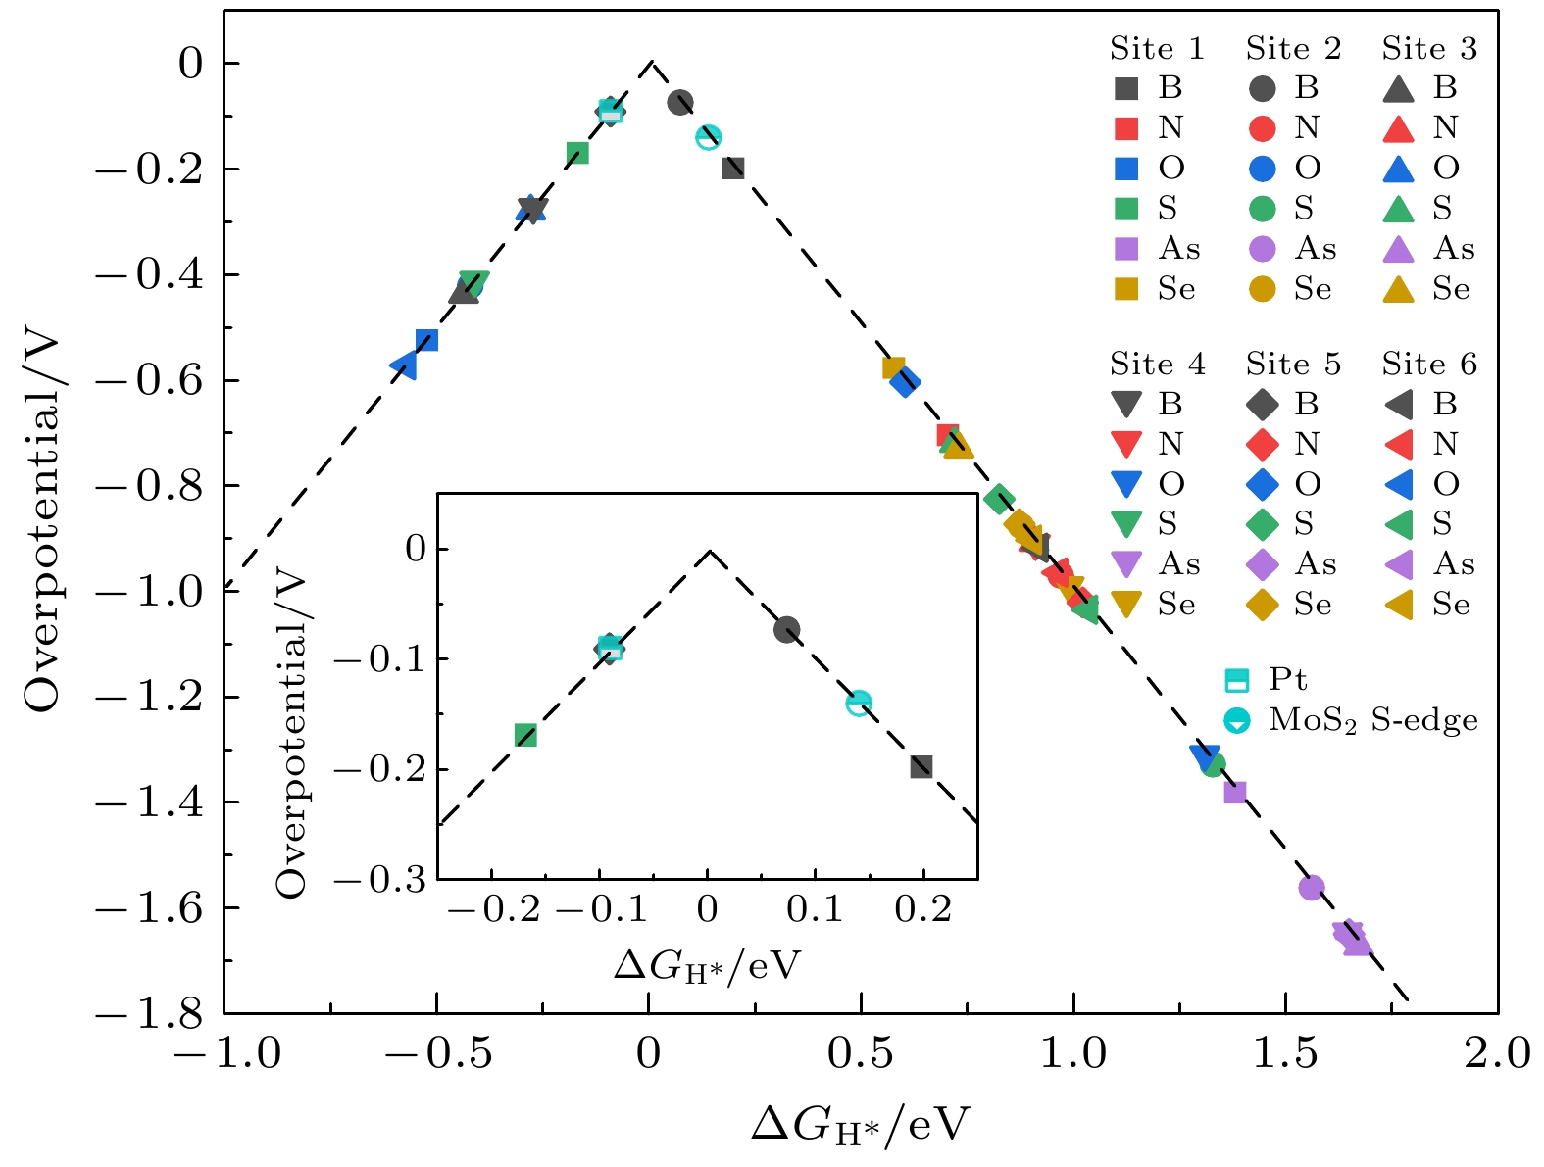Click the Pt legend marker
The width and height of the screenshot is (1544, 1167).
coord(1237,681)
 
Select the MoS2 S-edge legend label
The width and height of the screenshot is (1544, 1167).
coord(1372,721)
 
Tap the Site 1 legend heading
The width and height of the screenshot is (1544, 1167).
coord(1157,49)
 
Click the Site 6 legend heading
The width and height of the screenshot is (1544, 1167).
coord(1429,365)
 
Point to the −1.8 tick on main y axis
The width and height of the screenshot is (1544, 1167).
coord(148,1013)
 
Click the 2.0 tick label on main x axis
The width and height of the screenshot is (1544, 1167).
coord(1497,1054)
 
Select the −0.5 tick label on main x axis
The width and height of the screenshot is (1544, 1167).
coord(435,1054)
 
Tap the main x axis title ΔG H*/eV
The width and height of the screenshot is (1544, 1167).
coord(860,1126)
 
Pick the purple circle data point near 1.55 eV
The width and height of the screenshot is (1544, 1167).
coord(1312,888)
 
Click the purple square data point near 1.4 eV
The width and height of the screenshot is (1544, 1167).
coord(1235,792)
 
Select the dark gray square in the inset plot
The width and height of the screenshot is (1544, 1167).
coord(921,767)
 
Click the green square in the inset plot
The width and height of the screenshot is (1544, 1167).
coord(525,735)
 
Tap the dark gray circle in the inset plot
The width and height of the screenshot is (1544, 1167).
coord(786,629)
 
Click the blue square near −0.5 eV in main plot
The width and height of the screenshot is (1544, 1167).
coord(426,341)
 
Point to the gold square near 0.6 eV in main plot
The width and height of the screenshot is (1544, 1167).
coord(893,368)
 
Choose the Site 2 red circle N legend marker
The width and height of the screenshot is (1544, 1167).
coord(1263,128)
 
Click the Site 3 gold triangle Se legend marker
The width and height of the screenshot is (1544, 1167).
coord(1398,290)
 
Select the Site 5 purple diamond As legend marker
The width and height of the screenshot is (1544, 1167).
coord(1263,564)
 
